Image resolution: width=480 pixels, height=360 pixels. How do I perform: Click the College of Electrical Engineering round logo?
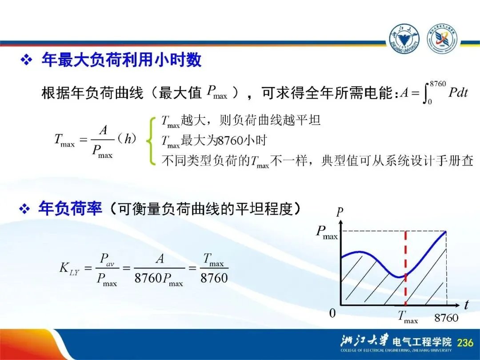[x=442, y=39]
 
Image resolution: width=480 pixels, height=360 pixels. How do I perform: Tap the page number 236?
[x=465, y=342]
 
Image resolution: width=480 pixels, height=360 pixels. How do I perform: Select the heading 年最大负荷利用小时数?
[x=121, y=60]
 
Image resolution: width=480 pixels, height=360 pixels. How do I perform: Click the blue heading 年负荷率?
[x=70, y=208]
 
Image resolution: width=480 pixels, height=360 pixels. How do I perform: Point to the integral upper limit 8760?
[x=438, y=84]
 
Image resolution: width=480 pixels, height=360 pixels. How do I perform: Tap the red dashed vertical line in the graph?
[x=406, y=268]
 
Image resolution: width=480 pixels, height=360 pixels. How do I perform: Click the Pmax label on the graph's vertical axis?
[x=327, y=232]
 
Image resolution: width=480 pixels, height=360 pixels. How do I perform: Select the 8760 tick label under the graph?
[x=446, y=318]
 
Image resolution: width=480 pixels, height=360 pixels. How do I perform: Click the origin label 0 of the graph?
[x=332, y=313]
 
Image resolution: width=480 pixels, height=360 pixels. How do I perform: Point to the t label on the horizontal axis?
[x=466, y=305]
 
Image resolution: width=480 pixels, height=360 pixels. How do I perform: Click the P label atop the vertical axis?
[x=340, y=212]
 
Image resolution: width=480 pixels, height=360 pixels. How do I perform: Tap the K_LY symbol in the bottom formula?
[x=69, y=268]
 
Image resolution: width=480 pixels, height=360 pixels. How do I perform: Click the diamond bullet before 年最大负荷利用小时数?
[x=26, y=60]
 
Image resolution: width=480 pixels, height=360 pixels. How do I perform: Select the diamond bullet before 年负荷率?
[x=24, y=209]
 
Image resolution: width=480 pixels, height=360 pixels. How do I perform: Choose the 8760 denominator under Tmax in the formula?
[x=214, y=278]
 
